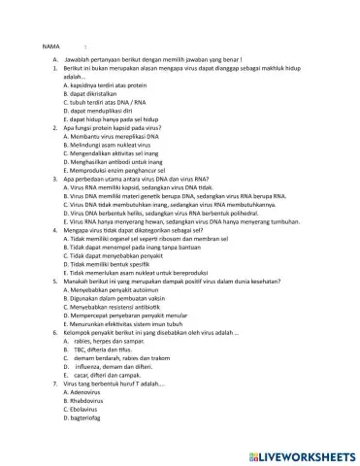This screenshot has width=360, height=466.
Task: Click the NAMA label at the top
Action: tap(51, 46)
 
